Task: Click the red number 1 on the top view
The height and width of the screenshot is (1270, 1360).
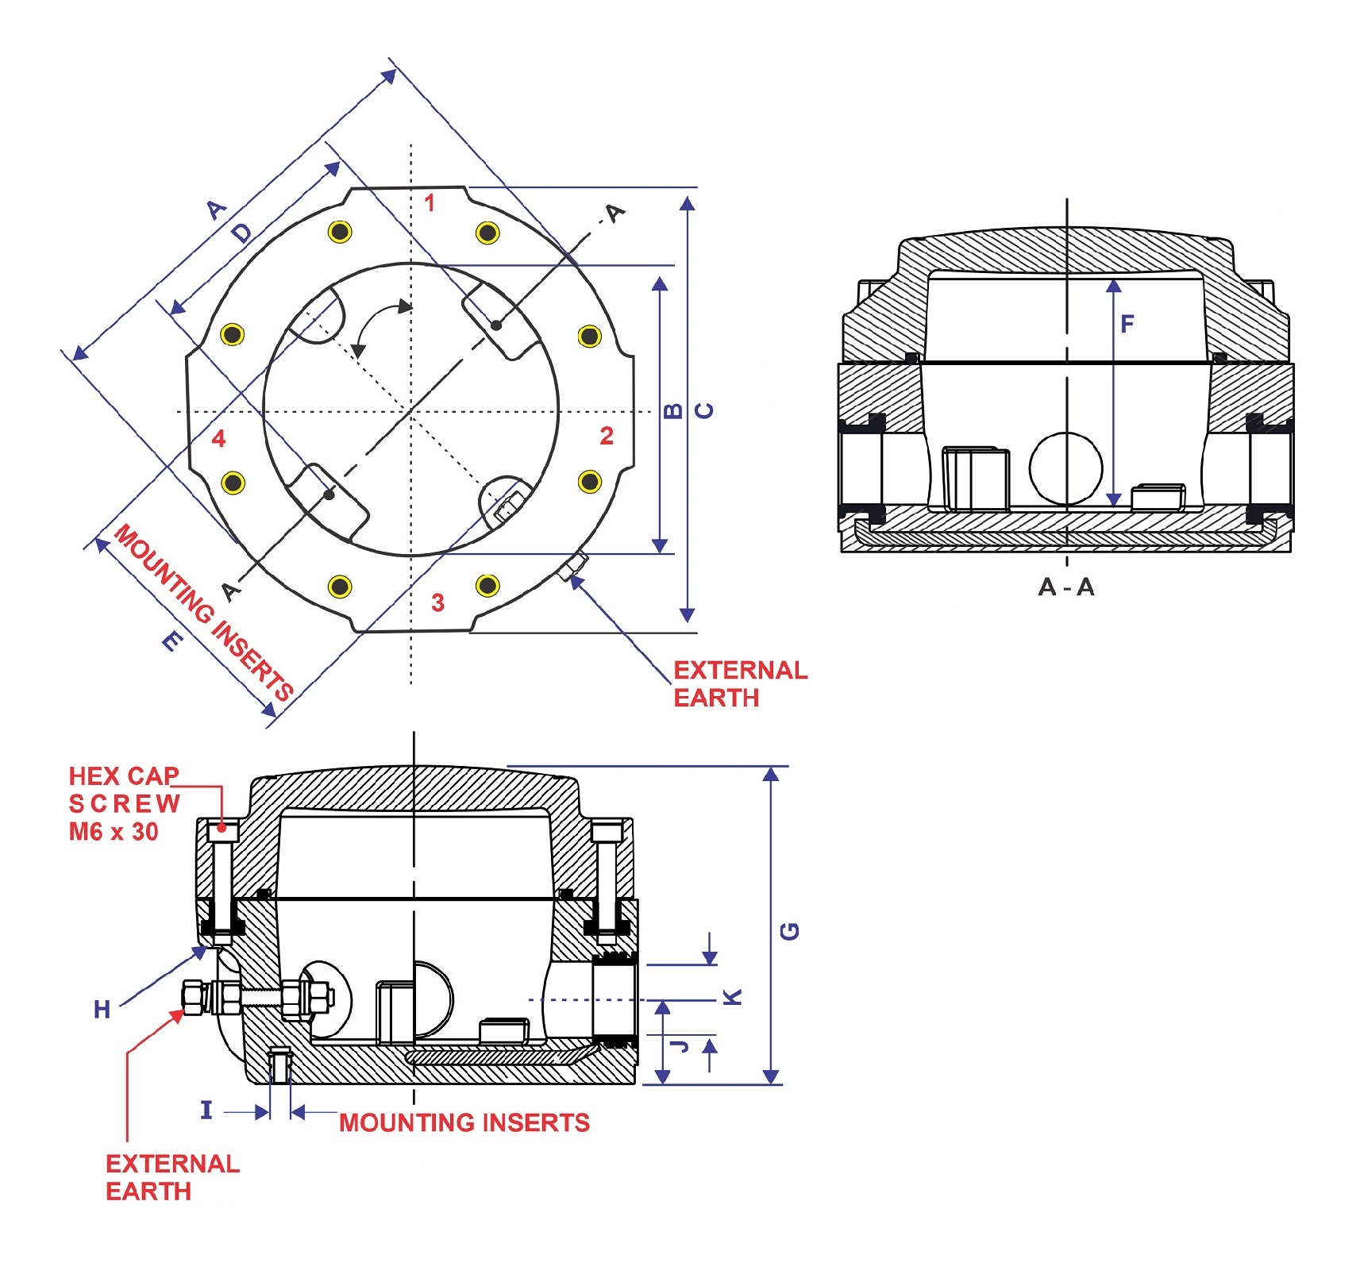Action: point(430,203)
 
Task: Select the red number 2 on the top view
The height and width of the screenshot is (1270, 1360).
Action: point(607,436)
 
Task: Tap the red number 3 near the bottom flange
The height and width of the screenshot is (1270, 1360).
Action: point(437,602)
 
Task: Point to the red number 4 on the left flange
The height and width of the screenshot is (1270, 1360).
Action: point(219,438)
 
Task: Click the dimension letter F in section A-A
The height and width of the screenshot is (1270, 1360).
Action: point(1127,324)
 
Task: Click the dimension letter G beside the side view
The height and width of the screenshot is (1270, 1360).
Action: point(790,931)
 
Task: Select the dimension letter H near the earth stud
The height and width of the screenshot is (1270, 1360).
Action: point(102,1010)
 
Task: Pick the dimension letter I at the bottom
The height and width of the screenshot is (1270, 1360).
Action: point(206,1110)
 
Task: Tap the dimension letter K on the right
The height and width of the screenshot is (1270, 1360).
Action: point(733,997)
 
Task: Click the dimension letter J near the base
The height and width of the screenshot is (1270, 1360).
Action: point(680,1045)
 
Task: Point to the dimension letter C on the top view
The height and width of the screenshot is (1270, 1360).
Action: point(704,410)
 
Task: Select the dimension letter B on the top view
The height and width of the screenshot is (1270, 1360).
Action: point(672,410)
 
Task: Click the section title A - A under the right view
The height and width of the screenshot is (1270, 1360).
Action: point(1066,587)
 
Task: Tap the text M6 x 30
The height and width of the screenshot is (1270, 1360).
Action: point(114,832)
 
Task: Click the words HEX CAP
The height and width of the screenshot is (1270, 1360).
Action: point(124,775)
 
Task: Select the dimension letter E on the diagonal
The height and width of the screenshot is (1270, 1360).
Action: point(172,641)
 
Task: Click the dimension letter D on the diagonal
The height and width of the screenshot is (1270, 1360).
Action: point(241,233)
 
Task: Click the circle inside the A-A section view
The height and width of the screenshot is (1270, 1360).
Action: point(1065,468)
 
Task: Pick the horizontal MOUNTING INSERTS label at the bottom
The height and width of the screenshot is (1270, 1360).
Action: point(464,1122)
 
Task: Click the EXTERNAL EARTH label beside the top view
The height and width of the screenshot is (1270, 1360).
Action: point(739,683)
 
